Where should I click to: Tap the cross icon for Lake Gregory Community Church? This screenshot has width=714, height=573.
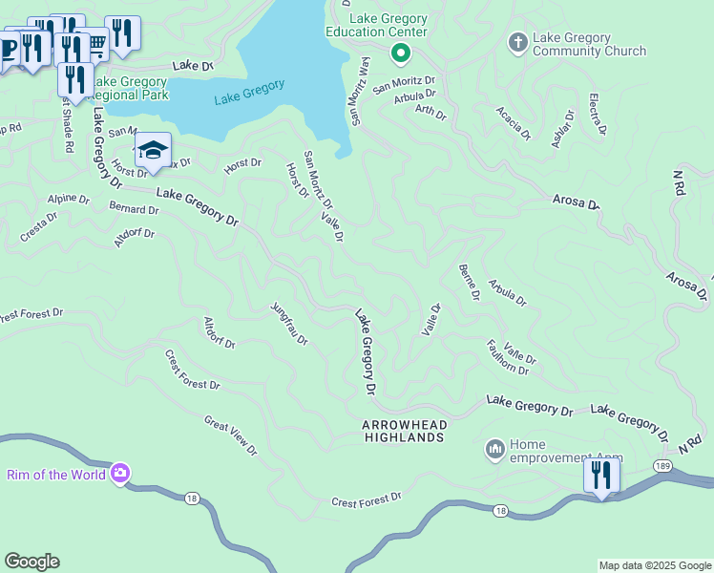click(518, 42)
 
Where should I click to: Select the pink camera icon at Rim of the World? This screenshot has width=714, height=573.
click(120, 473)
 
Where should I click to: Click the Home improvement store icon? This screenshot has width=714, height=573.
click(494, 448)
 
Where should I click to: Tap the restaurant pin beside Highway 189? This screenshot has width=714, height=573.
click(601, 474)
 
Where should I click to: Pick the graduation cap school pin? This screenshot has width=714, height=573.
click(153, 150)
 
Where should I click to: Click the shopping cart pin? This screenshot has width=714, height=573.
click(95, 44)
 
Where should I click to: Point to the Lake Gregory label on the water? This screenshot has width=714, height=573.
click(249, 92)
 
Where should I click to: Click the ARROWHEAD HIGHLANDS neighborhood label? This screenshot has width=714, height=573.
click(404, 430)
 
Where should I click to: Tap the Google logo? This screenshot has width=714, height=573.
click(31, 562)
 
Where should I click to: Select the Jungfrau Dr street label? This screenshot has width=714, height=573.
click(289, 324)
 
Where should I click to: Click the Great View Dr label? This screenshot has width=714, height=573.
click(230, 435)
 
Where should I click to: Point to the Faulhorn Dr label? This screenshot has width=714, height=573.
click(507, 356)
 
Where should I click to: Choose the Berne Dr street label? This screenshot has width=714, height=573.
click(469, 282)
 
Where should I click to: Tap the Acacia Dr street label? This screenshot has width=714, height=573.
click(513, 123)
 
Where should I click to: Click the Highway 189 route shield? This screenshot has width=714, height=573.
click(661, 465)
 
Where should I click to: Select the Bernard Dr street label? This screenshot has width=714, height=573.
click(134, 208)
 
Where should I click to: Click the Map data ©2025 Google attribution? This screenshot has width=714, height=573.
click(655, 565)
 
